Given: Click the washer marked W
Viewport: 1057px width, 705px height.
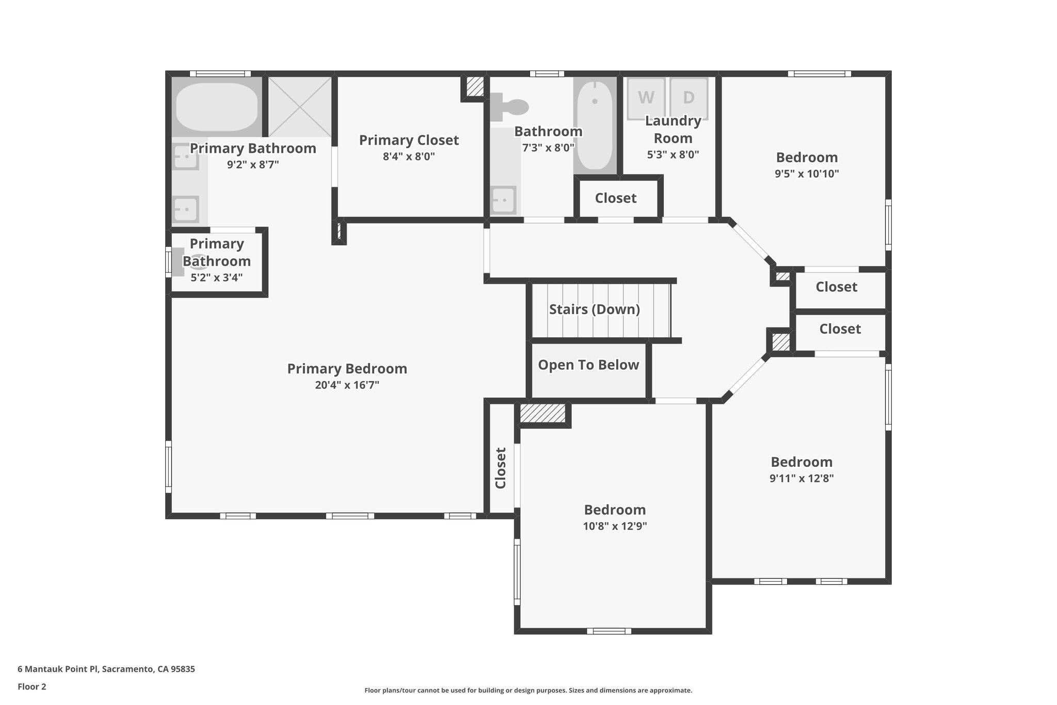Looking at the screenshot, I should [x=646, y=98].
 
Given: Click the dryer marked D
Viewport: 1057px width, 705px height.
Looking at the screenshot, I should [x=688, y=98].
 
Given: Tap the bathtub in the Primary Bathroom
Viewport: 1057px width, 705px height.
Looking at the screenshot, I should [x=216, y=107].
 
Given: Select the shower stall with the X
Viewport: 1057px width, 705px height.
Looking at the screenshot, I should [x=299, y=107].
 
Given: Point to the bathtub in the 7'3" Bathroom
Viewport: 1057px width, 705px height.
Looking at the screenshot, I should [x=595, y=126].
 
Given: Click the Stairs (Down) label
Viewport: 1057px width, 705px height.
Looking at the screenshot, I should [x=595, y=309].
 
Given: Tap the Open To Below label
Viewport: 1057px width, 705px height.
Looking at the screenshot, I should [x=588, y=365].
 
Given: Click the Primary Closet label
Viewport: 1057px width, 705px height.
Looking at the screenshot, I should [x=409, y=140].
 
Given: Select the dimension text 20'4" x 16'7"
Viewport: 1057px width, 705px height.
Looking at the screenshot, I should [x=347, y=385].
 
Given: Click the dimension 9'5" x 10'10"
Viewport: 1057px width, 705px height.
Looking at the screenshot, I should [x=807, y=174].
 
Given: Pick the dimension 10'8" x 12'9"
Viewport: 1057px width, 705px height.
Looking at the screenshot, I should [x=615, y=526].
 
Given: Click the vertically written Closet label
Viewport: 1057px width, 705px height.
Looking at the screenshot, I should [x=501, y=468].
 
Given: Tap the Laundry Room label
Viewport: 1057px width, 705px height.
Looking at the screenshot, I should [x=673, y=130].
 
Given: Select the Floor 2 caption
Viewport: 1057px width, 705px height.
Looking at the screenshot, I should [x=32, y=686].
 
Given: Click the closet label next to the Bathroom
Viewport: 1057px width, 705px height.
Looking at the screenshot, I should [x=615, y=198].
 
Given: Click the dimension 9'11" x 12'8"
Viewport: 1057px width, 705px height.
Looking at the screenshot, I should [x=802, y=478].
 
